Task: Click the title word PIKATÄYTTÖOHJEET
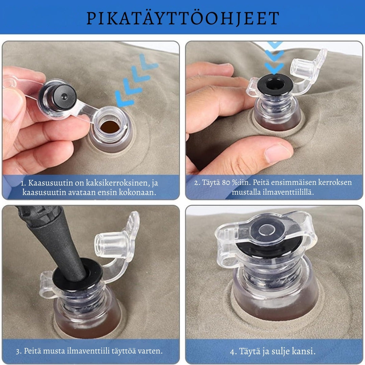[x=183, y=18]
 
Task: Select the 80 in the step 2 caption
[x=226, y=182]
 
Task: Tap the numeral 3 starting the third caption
[x=18, y=351]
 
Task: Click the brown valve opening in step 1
[x=109, y=127]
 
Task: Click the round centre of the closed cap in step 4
[x=267, y=229]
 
